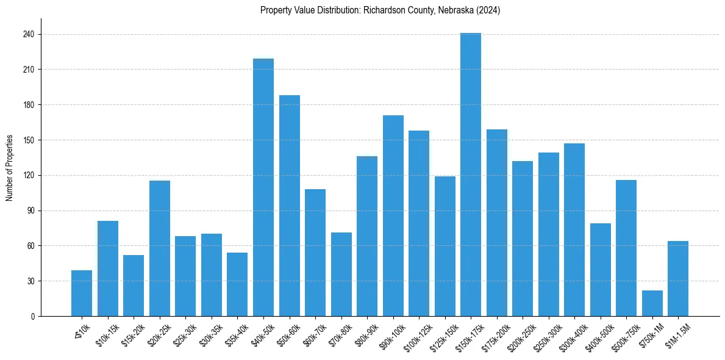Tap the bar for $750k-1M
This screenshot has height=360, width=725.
pos(652,303)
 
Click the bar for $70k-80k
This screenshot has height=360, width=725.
pos(341,275)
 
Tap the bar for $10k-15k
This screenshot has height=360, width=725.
pos(108,268)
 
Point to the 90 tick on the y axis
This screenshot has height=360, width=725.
pos(31,211)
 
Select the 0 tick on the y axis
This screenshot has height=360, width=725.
pos(33,317)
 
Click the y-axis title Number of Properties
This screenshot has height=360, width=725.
pos(10,167)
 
